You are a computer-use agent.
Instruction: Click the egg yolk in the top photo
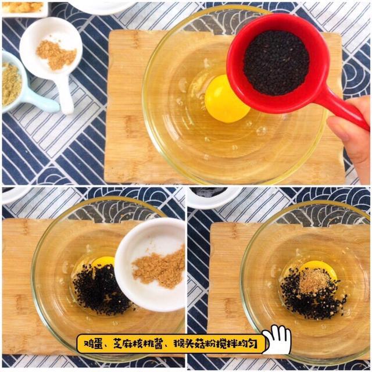(227, 99)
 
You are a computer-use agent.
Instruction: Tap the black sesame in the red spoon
(277, 63)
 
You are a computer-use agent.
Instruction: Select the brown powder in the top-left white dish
(56, 55)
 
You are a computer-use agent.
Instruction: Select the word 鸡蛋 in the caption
(94, 344)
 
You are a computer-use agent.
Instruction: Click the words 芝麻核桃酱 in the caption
(138, 344)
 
